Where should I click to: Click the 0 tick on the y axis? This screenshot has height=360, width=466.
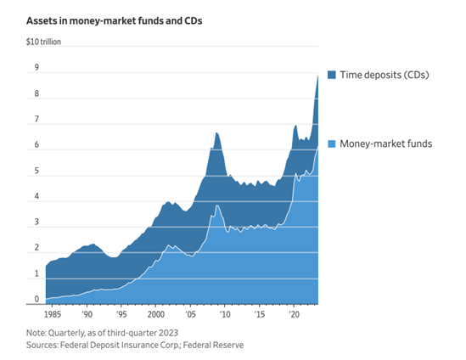[36, 299]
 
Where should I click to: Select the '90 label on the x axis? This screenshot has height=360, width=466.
[87, 313]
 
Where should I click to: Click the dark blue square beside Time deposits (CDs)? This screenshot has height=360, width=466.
[330, 75]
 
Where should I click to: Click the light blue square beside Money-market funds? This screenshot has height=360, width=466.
[330, 143]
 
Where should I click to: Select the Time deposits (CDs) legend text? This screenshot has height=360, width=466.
[385, 75]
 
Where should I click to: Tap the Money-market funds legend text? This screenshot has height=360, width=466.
[386, 143]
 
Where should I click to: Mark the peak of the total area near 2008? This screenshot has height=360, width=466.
[216, 132]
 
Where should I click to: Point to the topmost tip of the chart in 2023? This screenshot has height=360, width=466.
[317, 76]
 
